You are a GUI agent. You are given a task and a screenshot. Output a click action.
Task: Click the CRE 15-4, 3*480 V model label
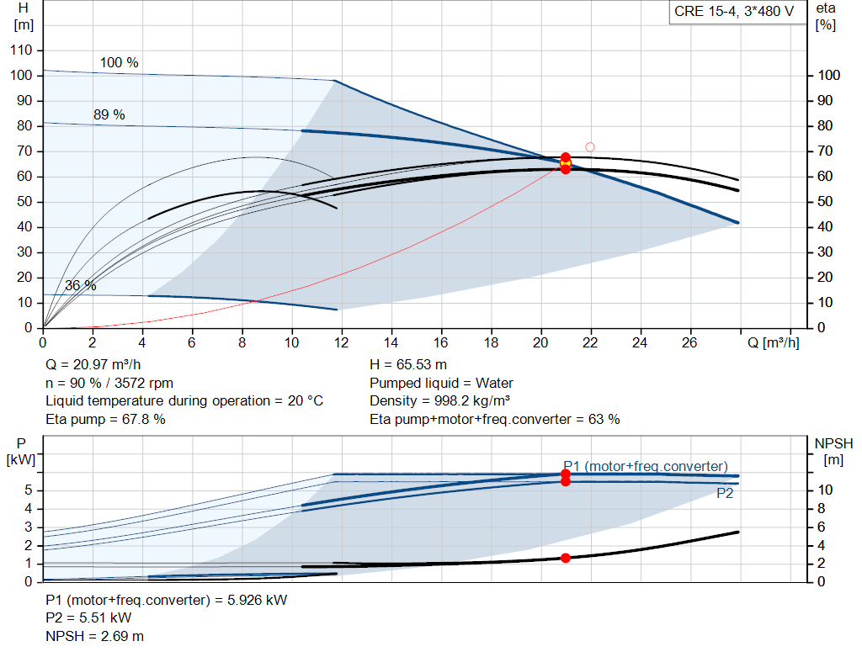pos(734,12)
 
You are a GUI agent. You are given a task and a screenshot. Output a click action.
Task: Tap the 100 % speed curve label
pos(119,62)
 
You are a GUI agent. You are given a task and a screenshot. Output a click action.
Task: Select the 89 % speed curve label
pos(109,114)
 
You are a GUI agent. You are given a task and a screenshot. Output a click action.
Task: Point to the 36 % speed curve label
pos(80,286)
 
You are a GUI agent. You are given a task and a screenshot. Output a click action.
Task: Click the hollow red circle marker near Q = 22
pos(590,147)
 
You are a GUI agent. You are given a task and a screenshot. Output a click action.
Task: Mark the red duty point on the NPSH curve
pos(565,558)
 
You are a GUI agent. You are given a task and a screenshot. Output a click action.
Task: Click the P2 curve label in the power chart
pos(725,493)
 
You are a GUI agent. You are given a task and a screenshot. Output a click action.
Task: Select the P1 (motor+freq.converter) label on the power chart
pos(646,466)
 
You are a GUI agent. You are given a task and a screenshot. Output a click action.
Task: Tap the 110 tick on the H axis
pos(21,50)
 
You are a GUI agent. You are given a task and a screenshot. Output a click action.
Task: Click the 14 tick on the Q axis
pos(391,342)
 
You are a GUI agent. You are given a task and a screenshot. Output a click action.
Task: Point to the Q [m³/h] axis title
pos(773,342)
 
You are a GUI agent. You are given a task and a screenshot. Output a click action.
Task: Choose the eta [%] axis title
pos(826,17)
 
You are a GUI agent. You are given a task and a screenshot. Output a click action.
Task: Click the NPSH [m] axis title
pos(833,452)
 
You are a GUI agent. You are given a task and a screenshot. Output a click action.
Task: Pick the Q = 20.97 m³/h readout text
pos(93,365)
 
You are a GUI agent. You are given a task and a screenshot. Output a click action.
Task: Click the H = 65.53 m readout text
pos(408,365)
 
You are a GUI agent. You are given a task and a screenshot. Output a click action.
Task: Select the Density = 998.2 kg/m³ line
pos(439,401)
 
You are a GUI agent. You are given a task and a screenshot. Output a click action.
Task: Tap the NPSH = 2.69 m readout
pos(94,637)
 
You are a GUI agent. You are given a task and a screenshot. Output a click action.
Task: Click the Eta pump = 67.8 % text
pos(105,420)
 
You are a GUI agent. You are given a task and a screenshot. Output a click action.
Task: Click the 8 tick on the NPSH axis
pos(821,509)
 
